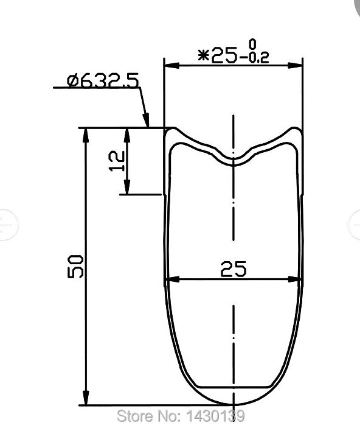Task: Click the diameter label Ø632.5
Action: [103, 80]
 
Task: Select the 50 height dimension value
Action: [75, 267]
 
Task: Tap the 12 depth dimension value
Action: [117, 161]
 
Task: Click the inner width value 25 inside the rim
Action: [234, 269]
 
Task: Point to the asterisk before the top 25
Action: [204, 55]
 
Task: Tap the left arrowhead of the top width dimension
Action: [171, 66]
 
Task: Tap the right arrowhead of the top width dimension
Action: [295, 66]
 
